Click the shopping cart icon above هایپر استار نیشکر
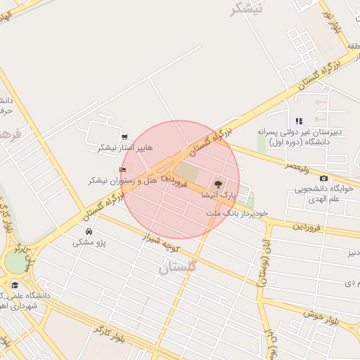pos(124,137)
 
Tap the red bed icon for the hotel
pos(124,169)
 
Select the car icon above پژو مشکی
pos(89,231)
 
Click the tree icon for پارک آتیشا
pos(217,184)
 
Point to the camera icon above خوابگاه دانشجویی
pos(323,179)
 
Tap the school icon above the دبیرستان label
pos(299,121)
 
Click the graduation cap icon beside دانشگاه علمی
pos(14,285)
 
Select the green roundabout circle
pos(15,262)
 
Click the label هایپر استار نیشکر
pos(114,148)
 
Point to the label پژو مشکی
pos(89,243)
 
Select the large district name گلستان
pos(179,268)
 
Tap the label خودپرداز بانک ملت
pos(238,212)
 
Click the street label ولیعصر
pos(298,165)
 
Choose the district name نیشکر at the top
pos(246,8)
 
